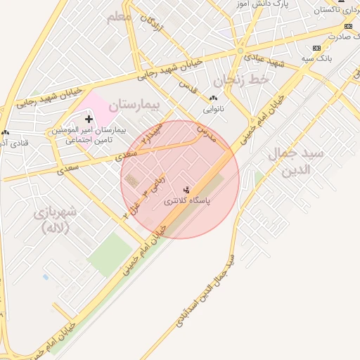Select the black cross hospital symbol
pos(89,120)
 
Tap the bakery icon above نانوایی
pos(213,98)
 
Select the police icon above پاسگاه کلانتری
pos(186,190)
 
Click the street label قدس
pos(186,88)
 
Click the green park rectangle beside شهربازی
pos(109,254)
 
